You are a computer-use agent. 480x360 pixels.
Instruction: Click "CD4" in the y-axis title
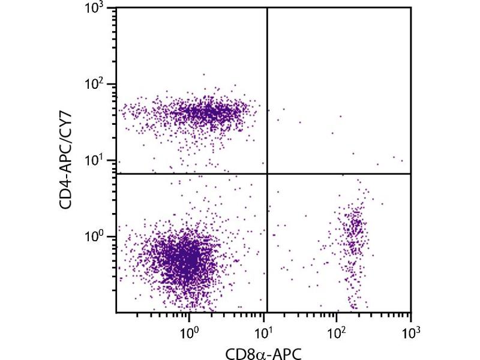(67, 193)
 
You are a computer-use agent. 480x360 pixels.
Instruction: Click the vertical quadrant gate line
(266, 90)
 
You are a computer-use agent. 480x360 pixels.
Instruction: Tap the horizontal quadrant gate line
(192, 173)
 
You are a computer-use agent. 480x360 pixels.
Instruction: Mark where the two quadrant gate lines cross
(266, 173)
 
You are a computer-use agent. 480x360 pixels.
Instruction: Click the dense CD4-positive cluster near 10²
(207, 112)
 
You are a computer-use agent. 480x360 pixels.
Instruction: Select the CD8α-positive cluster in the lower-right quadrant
(355, 234)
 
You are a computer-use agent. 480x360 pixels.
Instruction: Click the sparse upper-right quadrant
(339, 90)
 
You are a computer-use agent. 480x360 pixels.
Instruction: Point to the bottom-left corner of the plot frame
(116, 312)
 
